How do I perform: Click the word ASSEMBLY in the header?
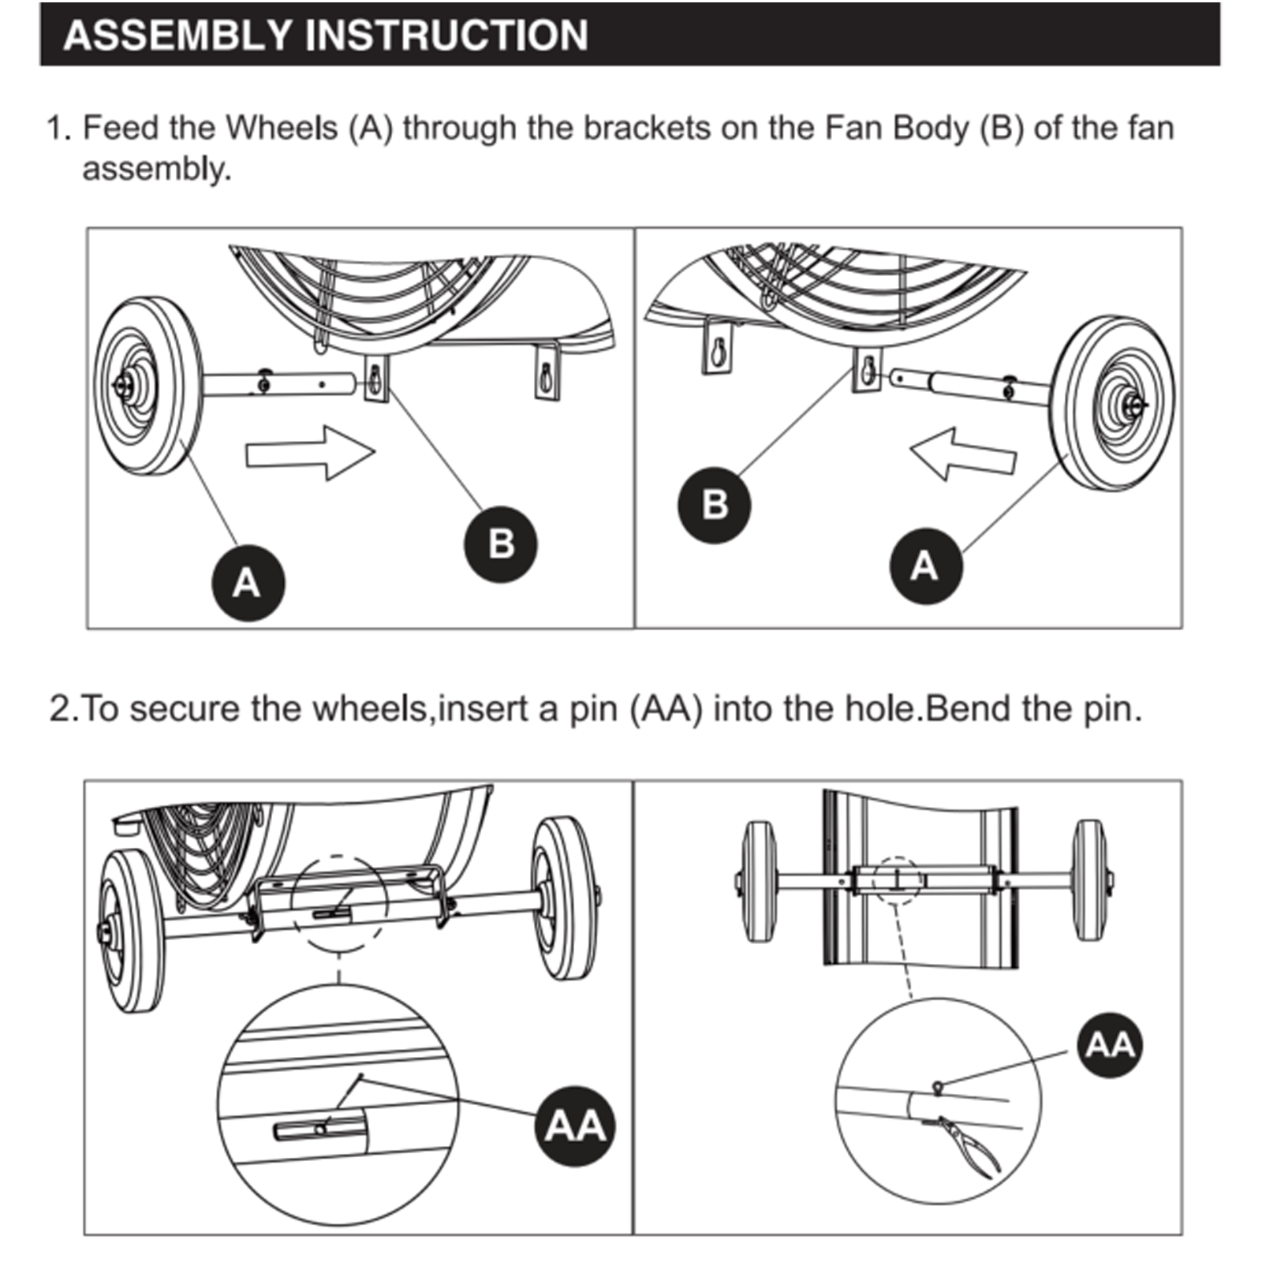click(x=177, y=36)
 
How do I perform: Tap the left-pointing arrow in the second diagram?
click(x=963, y=454)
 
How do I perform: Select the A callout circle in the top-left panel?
click(x=248, y=584)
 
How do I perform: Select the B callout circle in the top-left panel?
click(x=500, y=544)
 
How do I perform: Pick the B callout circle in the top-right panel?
click(x=715, y=505)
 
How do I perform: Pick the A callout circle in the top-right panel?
click(x=925, y=566)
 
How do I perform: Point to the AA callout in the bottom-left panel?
click(x=575, y=1126)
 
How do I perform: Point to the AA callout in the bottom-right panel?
click(x=1111, y=1045)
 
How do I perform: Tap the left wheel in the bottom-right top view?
click(x=760, y=881)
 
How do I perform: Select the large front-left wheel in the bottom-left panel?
click(x=132, y=932)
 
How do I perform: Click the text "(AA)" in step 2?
click(x=666, y=708)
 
